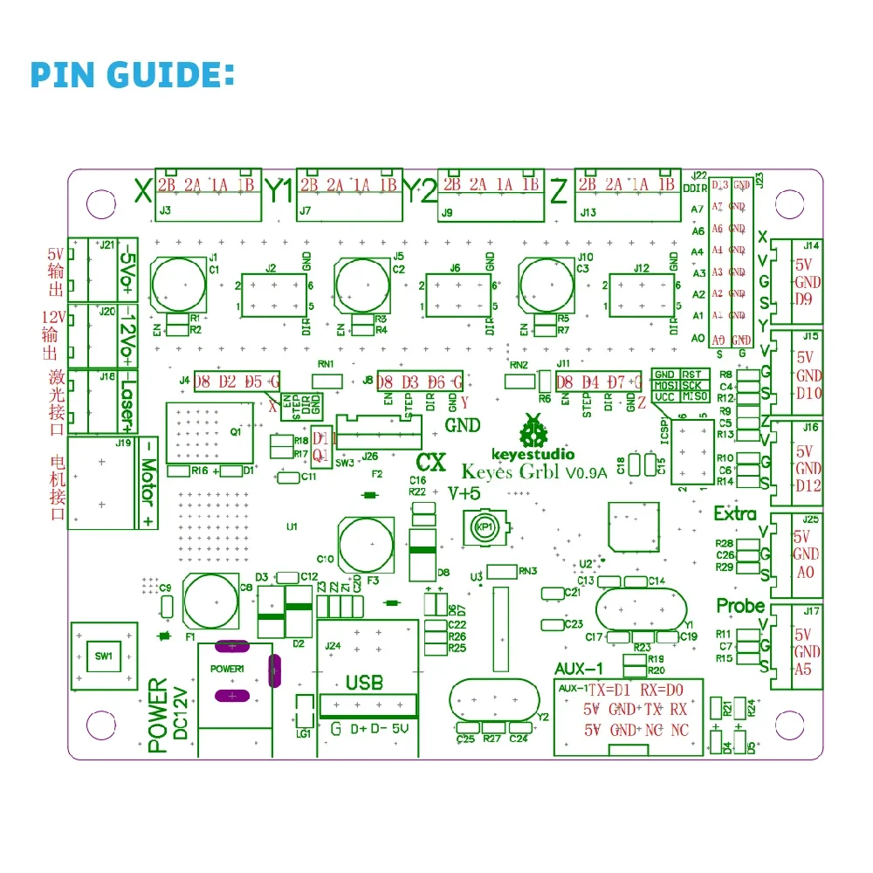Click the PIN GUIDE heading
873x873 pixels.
pos(133,74)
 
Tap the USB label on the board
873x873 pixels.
pos(364,682)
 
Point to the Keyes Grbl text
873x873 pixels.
pos(511,472)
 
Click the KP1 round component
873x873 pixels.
pos(482,527)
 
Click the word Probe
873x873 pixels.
pos(740,606)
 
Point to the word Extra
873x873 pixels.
pos(735,513)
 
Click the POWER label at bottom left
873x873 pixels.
pos(157,716)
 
